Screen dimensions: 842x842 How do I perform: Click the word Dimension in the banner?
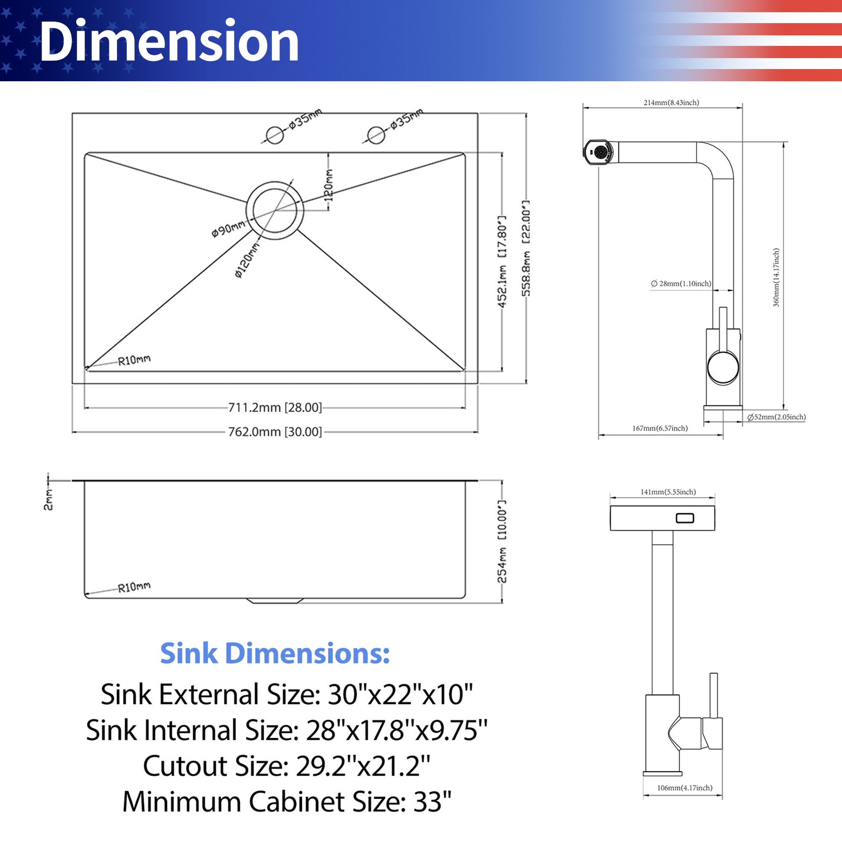click(169, 41)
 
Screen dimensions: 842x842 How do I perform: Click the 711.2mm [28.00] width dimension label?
click(275, 408)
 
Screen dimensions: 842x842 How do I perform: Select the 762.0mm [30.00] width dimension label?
click(275, 432)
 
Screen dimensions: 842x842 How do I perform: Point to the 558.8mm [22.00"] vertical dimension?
click(526, 248)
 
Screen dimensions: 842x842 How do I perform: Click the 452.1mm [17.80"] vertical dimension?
click(502, 261)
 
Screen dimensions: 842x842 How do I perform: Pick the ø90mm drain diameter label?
click(228, 229)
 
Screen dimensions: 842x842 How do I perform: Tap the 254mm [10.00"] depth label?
click(502, 542)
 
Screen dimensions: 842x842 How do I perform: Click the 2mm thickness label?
click(48, 499)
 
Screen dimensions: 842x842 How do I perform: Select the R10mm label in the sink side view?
click(134, 587)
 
